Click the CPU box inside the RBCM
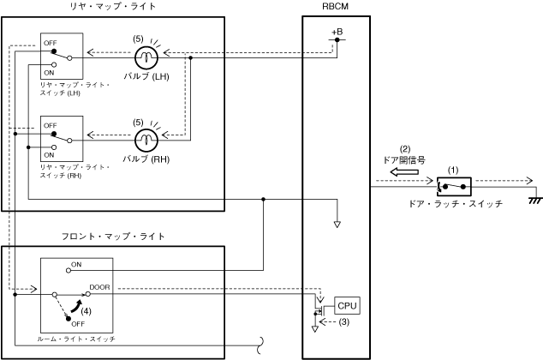tap(347, 306)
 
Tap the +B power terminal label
tap(337, 32)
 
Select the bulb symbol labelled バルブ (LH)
tap(146, 57)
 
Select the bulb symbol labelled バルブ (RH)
tap(146, 140)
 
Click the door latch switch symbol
tap(454, 187)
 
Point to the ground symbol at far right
tap(536, 201)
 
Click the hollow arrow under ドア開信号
tap(404, 172)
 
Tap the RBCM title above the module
tap(335, 7)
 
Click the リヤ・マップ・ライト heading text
tap(113, 6)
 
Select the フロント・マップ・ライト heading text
tap(113, 237)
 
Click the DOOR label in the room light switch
tap(99, 287)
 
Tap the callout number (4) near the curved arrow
tap(87, 311)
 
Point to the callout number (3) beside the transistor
tap(343, 322)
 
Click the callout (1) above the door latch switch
tap(453, 170)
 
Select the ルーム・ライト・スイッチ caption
tap(76, 339)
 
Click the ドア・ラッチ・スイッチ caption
tap(456, 204)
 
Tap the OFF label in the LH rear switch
tap(51, 43)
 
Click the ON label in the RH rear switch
tap(49, 155)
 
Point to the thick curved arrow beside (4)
tap(76, 306)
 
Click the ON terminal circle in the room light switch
tap(69, 270)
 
